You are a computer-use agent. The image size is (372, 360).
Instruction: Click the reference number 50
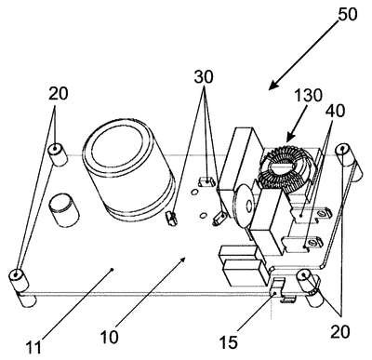[348, 14]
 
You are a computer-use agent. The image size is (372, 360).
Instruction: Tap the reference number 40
[336, 111]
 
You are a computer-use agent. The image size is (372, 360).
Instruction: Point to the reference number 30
[204, 77]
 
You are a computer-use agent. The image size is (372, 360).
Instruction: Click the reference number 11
[33, 348]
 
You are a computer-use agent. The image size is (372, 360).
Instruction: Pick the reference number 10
[109, 337]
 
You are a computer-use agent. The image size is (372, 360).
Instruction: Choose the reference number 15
[229, 342]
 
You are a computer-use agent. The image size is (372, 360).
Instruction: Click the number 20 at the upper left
[58, 94]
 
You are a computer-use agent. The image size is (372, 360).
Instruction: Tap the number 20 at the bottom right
[340, 332]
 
